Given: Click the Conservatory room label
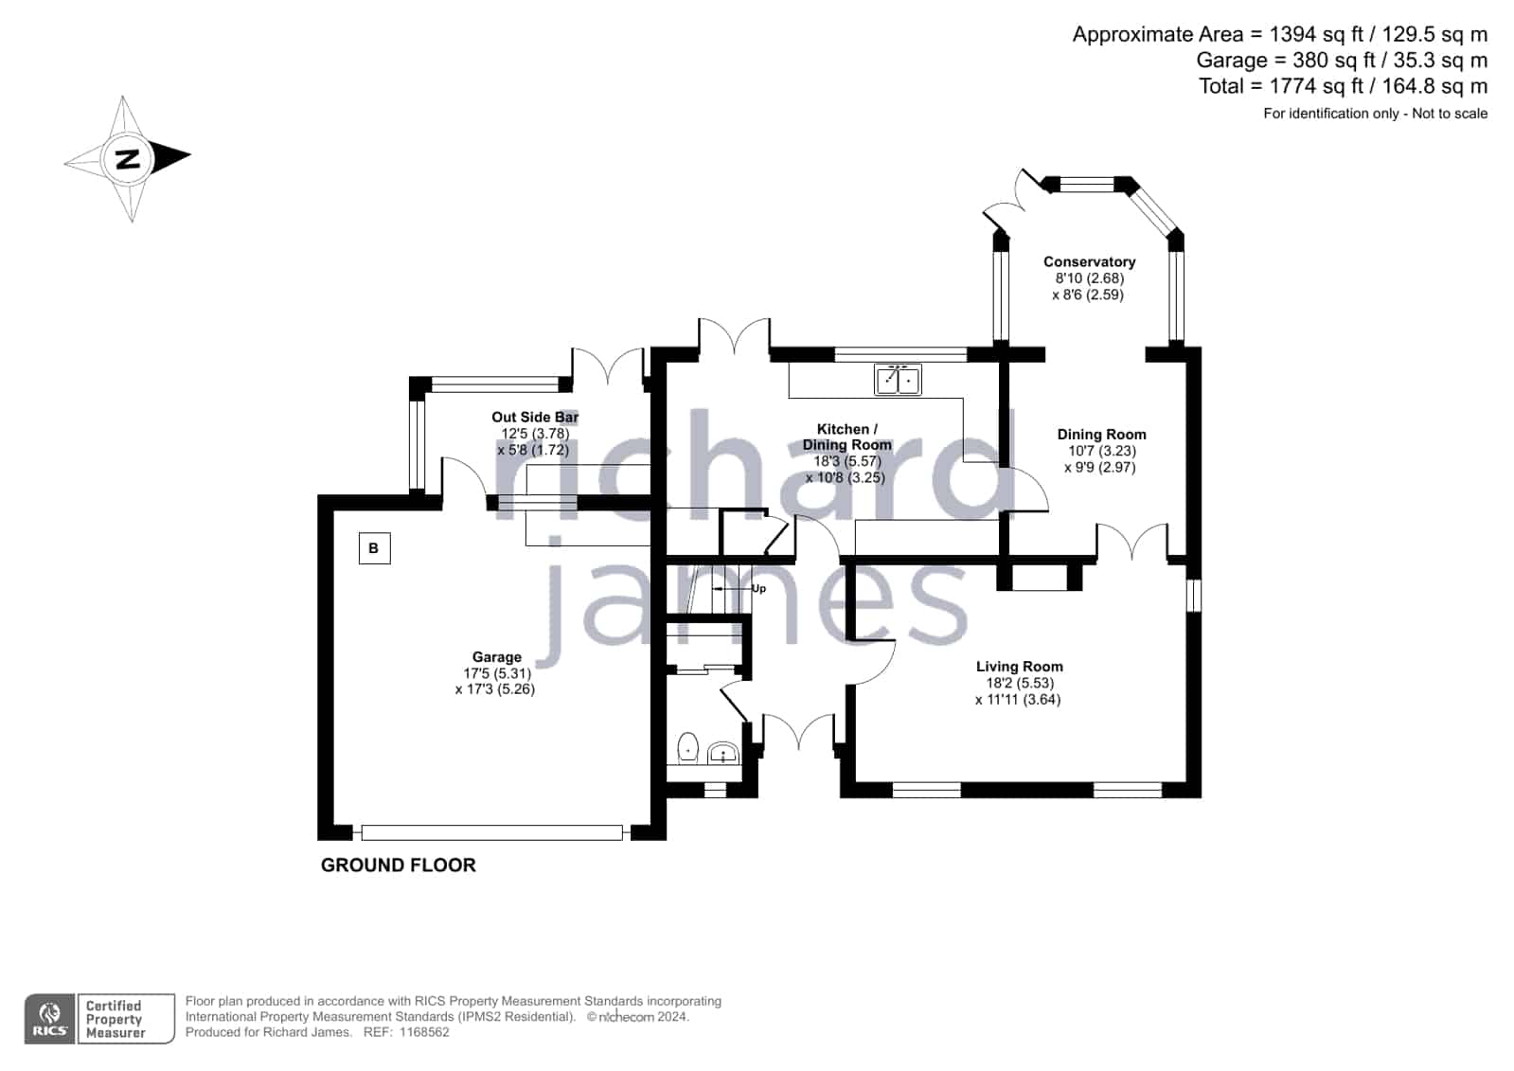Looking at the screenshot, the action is point(1089,261).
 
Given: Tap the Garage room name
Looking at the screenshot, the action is point(497,656).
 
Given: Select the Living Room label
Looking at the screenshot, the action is point(1019,666).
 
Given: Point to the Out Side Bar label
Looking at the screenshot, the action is point(535,418).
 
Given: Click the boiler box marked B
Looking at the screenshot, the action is point(374,548).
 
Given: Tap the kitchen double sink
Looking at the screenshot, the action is point(898,380).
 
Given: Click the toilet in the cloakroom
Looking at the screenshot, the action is point(687,748).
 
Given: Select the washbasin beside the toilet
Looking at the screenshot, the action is point(722,753).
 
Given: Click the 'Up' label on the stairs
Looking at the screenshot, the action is point(758,588).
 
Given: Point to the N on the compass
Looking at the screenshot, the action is point(128,160).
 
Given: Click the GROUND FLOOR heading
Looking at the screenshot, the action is point(398,865).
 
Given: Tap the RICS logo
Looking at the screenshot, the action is point(50,1018).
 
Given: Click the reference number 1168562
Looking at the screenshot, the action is point(424,1032).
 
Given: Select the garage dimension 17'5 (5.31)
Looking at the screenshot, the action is point(497,673).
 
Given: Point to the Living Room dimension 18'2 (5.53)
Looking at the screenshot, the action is point(1019,683).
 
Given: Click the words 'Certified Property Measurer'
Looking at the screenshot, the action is point(115,1019).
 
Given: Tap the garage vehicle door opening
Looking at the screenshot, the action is point(491,832).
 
